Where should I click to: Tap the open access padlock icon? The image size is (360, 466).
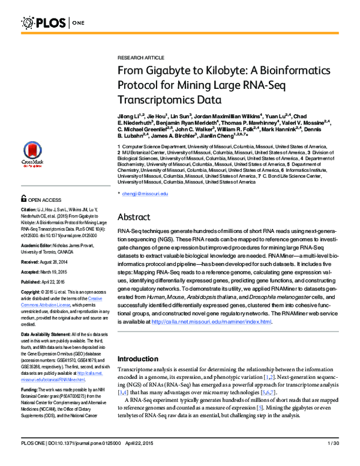pos(23,198)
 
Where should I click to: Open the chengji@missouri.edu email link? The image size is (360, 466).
pos(145,194)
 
